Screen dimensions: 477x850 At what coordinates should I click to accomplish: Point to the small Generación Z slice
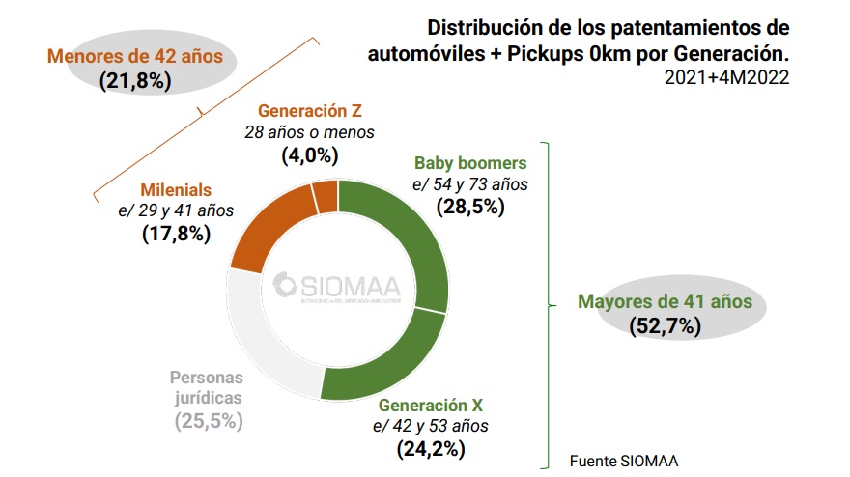pyautogui.click(x=326, y=196)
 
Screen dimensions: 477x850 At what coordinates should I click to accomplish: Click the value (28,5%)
pyautogui.click(x=471, y=206)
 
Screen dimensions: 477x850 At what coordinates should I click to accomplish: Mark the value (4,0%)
pyautogui.click(x=309, y=154)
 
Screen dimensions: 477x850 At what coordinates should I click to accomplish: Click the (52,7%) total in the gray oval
pyautogui.click(x=665, y=325)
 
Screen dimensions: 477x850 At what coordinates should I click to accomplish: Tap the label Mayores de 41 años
pyautogui.click(x=665, y=301)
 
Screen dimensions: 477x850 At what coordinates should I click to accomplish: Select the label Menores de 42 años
pyautogui.click(x=134, y=56)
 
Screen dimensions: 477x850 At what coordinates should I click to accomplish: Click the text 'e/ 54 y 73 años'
pyautogui.click(x=471, y=184)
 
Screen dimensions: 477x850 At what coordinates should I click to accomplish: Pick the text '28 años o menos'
pyautogui.click(x=309, y=132)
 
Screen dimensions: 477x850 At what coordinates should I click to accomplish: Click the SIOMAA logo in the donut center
pyautogui.click(x=342, y=287)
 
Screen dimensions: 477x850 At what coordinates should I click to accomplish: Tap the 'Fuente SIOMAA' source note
pyautogui.click(x=624, y=460)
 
